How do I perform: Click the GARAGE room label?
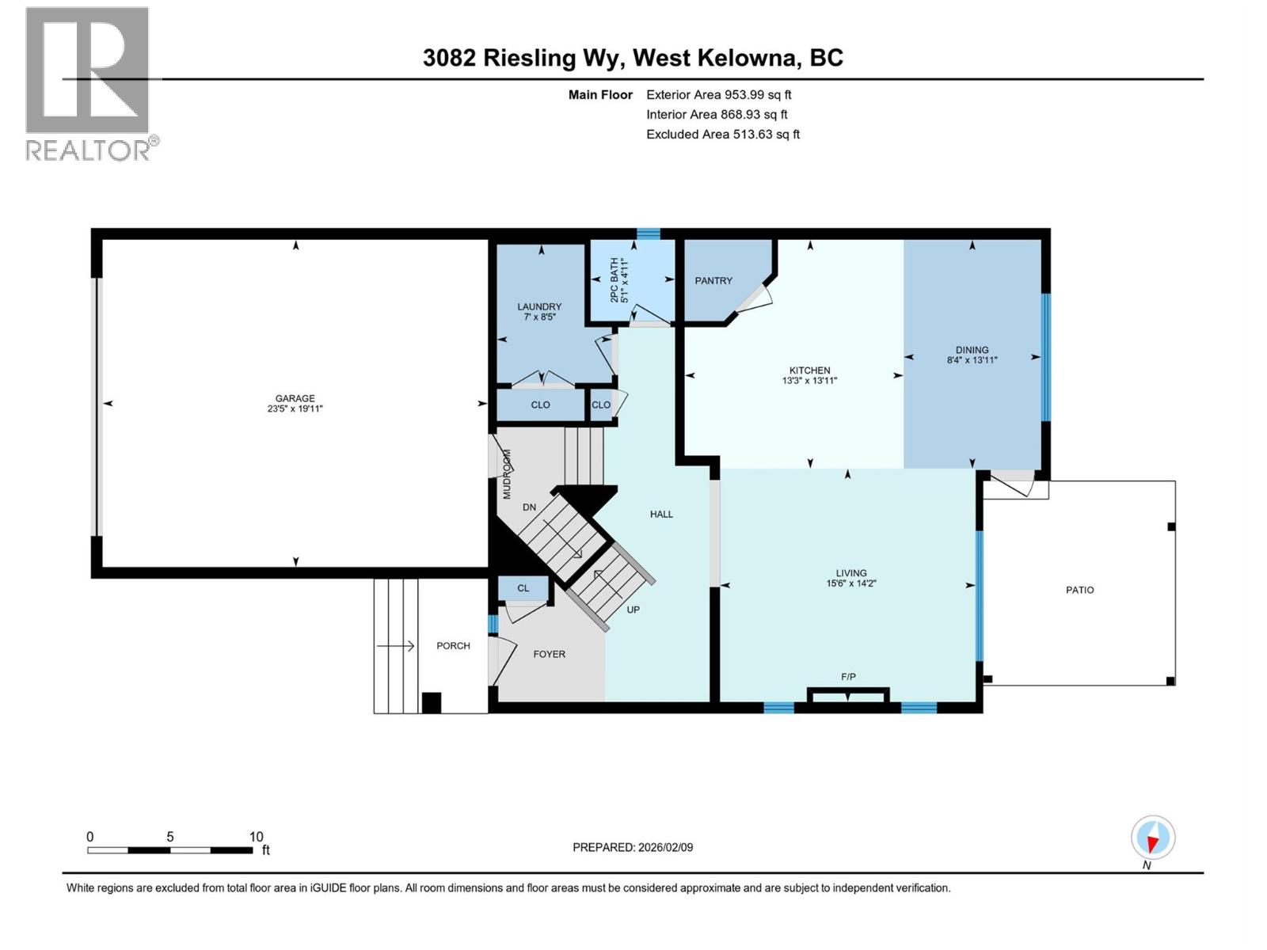(x=295, y=398)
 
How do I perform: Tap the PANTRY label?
(x=713, y=280)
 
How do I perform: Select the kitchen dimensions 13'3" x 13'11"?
(x=809, y=381)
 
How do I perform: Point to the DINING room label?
(x=972, y=349)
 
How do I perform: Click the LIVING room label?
(x=851, y=572)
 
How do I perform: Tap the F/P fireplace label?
(x=848, y=677)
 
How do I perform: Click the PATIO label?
(x=1079, y=590)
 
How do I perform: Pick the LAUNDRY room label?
(x=539, y=306)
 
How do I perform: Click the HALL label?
(x=661, y=514)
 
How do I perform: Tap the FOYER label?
(x=549, y=654)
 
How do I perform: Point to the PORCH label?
(x=453, y=645)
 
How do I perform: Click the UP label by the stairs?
(x=633, y=610)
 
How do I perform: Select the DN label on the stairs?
(x=529, y=507)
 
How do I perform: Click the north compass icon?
(x=1152, y=838)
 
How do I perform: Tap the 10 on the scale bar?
(x=256, y=836)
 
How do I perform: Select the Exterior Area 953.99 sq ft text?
(x=718, y=94)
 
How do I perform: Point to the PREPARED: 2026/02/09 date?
(x=633, y=847)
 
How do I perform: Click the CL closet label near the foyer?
(x=523, y=588)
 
